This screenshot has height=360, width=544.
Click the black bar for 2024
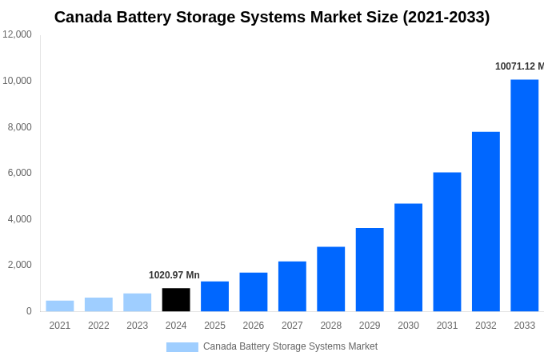(176, 300)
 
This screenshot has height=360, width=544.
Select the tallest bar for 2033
(524, 196)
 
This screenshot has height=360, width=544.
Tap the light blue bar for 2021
(60, 306)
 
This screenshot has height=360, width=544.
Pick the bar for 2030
(408, 258)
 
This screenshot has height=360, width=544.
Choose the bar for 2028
(330, 279)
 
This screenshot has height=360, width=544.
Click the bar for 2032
(486, 222)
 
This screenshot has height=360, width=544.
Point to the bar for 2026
(253, 292)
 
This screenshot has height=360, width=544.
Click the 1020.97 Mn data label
(174, 275)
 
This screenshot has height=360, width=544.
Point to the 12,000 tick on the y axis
(17, 34)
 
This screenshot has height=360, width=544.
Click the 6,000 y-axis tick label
(19, 173)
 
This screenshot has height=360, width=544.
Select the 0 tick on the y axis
(29, 311)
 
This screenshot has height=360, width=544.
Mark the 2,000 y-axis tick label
(19, 265)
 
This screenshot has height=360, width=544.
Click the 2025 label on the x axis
(214, 326)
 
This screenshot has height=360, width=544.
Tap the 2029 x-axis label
(370, 326)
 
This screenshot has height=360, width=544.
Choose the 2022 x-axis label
(98, 326)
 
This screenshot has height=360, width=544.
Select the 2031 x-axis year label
(447, 326)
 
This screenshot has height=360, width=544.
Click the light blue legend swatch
(182, 347)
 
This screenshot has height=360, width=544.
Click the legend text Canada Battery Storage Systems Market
(290, 346)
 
